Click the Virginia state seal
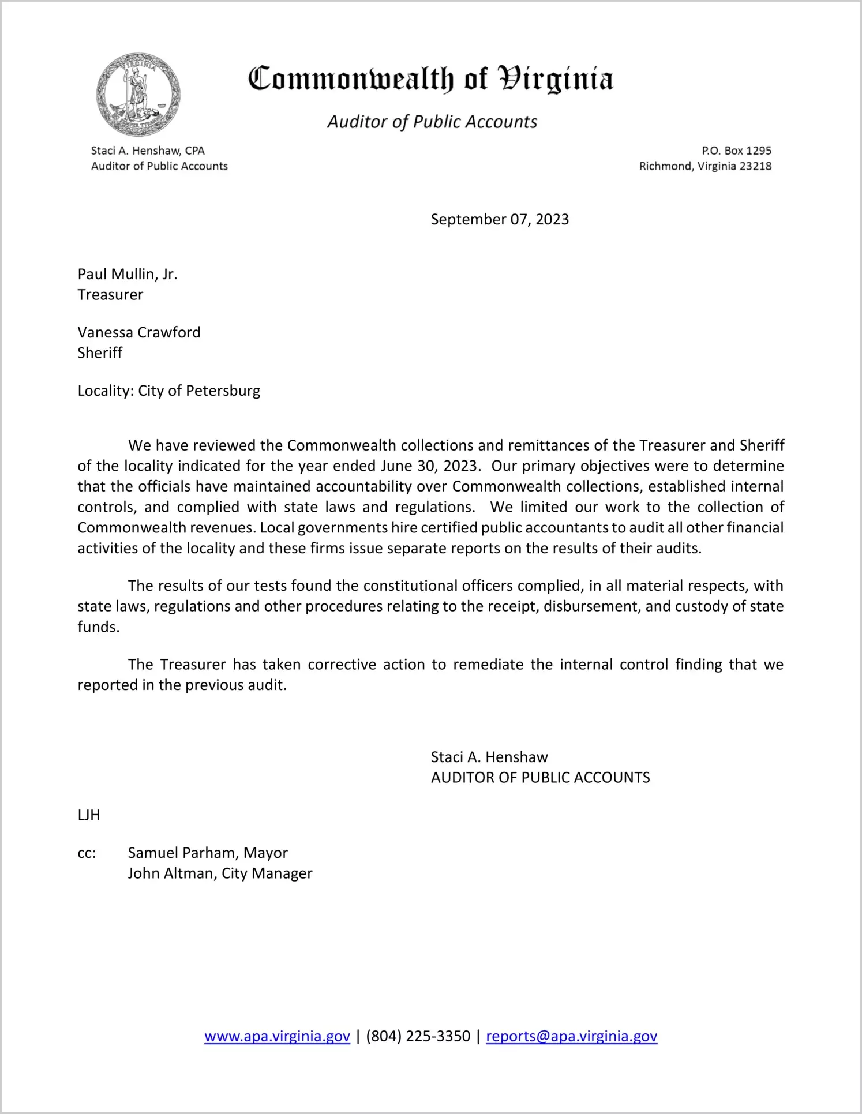click(x=138, y=95)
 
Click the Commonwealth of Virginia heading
click(x=430, y=80)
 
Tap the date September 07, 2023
click(x=500, y=220)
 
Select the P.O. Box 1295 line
click(x=736, y=151)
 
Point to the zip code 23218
click(x=755, y=167)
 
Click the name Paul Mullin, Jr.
click(x=128, y=274)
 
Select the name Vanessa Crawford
click(x=139, y=333)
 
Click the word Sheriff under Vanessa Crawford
click(x=100, y=353)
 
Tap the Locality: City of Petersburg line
click(x=169, y=391)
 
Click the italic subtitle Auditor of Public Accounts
click(x=432, y=122)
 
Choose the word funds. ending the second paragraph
click(x=99, y=627)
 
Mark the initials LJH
click(x=89, y=815)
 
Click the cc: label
click(x=87, y=853)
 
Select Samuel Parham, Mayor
click(x=208, y=853)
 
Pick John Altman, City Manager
click(x=220, y=873)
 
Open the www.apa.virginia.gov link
click(x=277, y=1036)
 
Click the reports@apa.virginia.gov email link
click(x=571, y=1036)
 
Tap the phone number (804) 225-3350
click(x=418, y=1036)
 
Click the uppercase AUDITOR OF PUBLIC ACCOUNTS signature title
click(x=540, y=778)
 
